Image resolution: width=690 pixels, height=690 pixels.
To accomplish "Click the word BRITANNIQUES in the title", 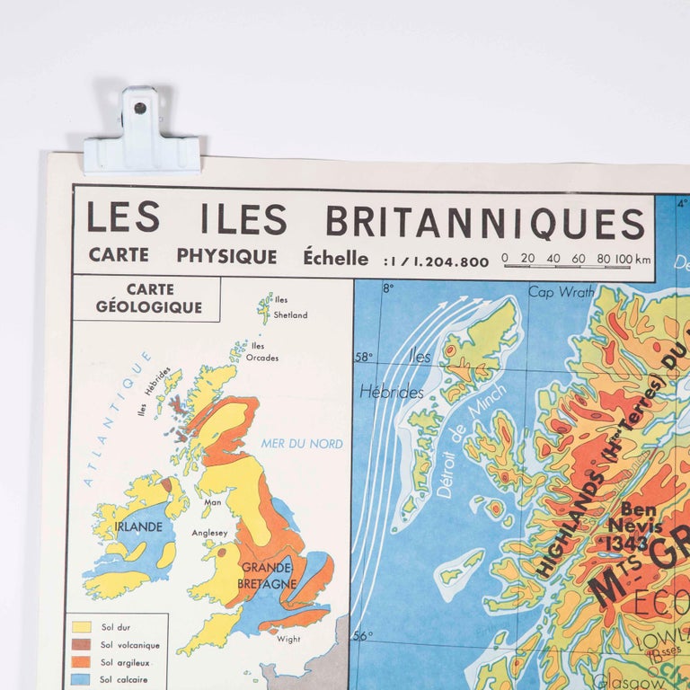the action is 484,222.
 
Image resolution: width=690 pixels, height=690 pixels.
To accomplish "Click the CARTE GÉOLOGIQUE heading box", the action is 146,298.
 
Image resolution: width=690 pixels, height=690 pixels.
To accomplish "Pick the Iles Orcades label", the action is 261,351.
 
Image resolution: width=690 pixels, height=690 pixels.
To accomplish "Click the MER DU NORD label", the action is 301,443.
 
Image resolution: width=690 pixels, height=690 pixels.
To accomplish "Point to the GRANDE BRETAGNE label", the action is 266,576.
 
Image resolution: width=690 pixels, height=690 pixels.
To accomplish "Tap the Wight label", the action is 288,639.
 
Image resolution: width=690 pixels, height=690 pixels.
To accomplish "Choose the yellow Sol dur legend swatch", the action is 80,627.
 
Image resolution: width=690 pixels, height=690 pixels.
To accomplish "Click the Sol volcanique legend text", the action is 129,644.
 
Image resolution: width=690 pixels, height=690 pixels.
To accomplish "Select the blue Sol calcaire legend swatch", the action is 80,679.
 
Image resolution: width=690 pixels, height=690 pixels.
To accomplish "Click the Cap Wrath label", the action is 561,291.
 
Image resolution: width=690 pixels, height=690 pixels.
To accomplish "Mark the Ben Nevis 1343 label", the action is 634,526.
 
